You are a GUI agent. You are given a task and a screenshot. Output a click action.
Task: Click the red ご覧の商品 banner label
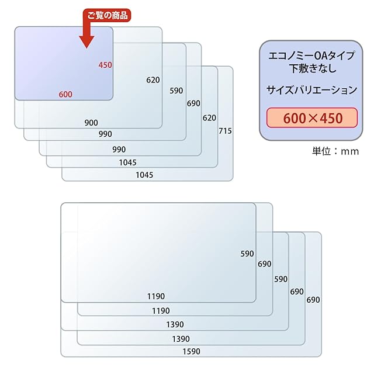click(107, 15)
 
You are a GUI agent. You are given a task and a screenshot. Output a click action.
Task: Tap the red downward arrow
click(88, 36)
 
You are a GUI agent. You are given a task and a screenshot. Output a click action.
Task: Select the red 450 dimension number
click(105, 65)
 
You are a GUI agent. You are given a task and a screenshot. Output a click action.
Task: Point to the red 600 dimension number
click(65, 95)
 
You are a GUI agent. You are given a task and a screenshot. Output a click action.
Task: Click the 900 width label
click(91, 123)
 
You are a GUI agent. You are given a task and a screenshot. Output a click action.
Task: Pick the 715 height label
click(225, 131)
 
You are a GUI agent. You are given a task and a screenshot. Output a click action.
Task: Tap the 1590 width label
click(191, 351)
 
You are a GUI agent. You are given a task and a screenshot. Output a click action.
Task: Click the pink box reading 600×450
click(312, 117)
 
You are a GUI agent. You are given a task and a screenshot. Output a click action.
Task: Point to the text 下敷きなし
click(312, 68)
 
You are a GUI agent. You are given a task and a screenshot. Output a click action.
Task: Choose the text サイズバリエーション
click(312, 90)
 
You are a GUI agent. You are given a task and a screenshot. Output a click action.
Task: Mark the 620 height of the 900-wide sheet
click(153, 80)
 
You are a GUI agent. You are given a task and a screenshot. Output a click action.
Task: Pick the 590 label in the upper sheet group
click(176, 91)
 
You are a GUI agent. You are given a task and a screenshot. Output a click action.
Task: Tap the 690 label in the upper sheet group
click(193, 103)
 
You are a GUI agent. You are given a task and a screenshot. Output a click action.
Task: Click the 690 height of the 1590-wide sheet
click(313, 300)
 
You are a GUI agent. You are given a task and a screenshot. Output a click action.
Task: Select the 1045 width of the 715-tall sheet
click(144, 175)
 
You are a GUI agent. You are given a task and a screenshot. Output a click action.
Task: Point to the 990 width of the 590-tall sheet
click(105, 134)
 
